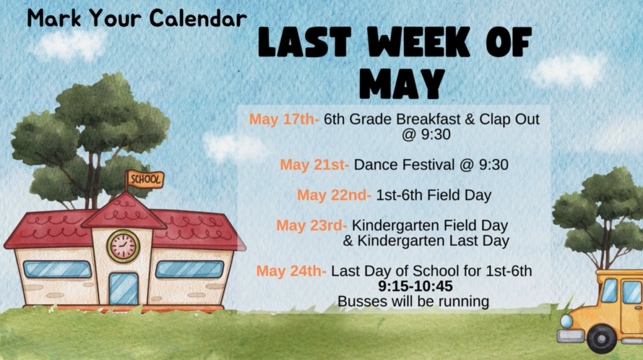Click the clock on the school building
coord(123,246)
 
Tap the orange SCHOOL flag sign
coord(146,180)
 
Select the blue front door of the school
coord(124,288)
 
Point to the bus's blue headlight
coord(566,321)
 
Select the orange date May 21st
coord(315,165)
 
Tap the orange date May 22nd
coord(334,195)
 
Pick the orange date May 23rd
coord(311,226)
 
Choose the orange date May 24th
coord(291,271)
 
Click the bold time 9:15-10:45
coord(416,286)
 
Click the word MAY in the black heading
coord(403,84)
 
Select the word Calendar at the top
coord(198,18)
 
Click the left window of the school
coord(57,270)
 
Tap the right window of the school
coord(190,270)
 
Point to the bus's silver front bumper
coord(570,335)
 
